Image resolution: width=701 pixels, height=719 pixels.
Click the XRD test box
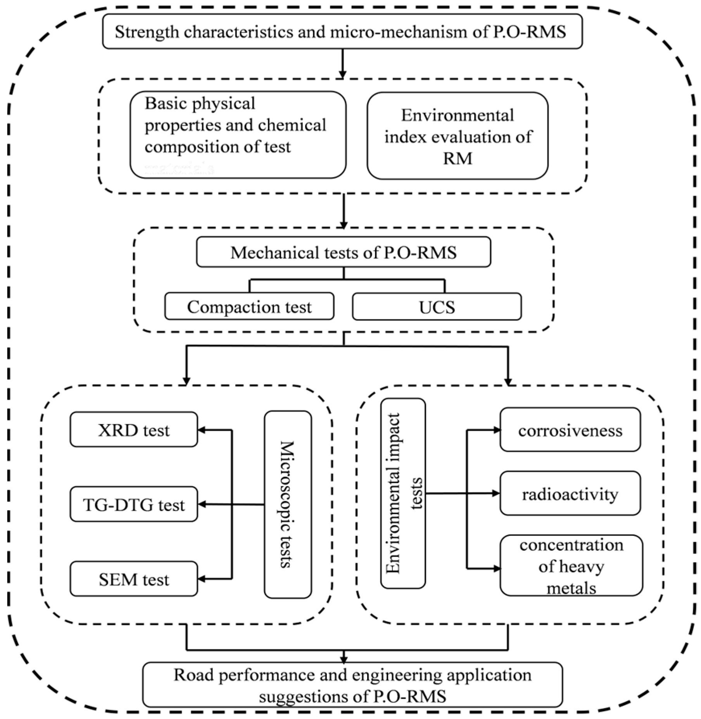(x=134, y=430)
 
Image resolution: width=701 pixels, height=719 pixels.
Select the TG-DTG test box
(x=134, y=504)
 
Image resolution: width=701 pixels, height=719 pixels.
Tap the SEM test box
(x=134, y=579)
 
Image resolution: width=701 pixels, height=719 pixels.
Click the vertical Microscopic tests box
(x=288, y=504)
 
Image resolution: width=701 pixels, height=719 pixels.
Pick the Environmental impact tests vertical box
(x=403, y=493)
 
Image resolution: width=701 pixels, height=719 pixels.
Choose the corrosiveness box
(x=570, y=430)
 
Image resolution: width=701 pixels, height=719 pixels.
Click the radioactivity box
(x=570, y=494)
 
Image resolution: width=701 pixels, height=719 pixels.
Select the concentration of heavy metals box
(x=571, y=565)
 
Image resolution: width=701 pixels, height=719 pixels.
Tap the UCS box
(x=437, y=307)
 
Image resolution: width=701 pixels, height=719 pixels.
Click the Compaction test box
(x=249, y=307)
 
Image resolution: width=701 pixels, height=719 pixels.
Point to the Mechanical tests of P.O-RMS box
(x=343, y=252)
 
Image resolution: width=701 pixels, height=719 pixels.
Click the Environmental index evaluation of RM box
(x=458, y=136)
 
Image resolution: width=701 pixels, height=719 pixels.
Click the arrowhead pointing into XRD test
(x=202, y=430)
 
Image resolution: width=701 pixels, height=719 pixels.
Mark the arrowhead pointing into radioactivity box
(x=496, y=494)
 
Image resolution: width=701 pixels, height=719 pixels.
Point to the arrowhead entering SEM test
(x=202, y=579)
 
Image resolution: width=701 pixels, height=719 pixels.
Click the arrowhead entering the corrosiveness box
(x=496, y=430)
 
